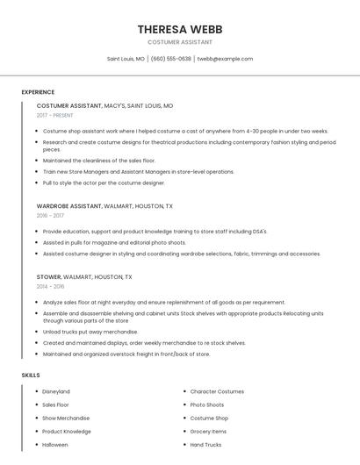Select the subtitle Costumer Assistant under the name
pyautogui.click(x=179, y=42)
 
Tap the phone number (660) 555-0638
pyautogui.click(x=170, y=59)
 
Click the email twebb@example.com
pyautogui.click(x=225, y=59)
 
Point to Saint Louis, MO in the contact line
pyautogui.click(x=126, y=59)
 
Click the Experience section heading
pyautogui.click(x=38, y=92)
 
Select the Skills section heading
pyautogui.click(x=31, y=376)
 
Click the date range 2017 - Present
pyautogui.click(x=55, y=115)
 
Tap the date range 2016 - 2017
pyautogui.click(x=50, y=215)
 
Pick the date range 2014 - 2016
pyautogui.click(x=50, y=286)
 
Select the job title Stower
pyautogui.click(x=49, y=276)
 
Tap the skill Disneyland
pyautogui.click(x=56, y=391)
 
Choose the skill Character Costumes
pyautogui.click(x=217, y=391)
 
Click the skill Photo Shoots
pyautogui.click(x=207, y=404)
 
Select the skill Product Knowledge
pyautogui.click(x=66, y=432)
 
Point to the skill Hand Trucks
pyautogui.click(x=206, y=445)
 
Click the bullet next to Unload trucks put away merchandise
pyautogui.click(x=38, y=333)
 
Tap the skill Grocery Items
pyautogui.click(x=208, y=432)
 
